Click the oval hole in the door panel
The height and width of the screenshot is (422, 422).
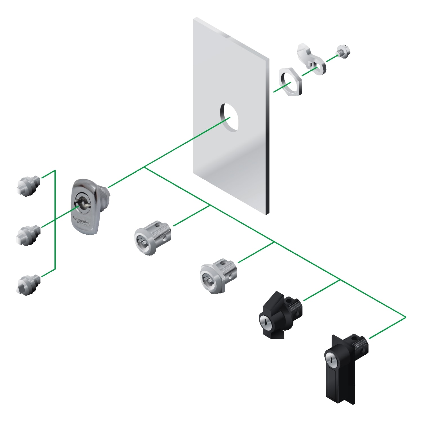pyautogui.click(x=229, y=117)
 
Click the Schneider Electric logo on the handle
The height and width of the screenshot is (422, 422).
pyautogui.click(x=81, y=221)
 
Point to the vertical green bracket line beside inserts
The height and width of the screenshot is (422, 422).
pyautogui.click(x=55, y=219)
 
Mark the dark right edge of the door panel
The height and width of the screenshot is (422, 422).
pyautogui.click(x=267, y=135)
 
